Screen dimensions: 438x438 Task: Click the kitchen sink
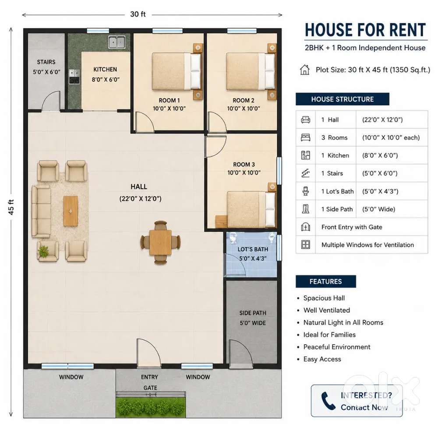[117, 42]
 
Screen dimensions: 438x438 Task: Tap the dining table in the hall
[160, 242]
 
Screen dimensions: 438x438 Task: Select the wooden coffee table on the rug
[71, 211]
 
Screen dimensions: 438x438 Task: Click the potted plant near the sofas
[43, 251]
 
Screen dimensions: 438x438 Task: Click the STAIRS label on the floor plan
[46, 62]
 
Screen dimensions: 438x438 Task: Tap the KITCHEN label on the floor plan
[105, 70]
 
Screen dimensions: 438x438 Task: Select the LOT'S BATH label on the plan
[253, 249]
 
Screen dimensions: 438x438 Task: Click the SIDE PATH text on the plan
[253, 313]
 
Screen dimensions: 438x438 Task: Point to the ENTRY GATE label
[150, 382]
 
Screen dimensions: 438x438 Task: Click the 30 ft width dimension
[138, 14]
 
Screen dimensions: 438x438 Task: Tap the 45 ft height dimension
[11, 207]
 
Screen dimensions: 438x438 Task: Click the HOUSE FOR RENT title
[365, 30]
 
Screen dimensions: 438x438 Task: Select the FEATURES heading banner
[326, 281]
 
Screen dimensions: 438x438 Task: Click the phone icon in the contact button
[328, 401]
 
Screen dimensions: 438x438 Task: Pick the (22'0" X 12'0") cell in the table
[382, 120]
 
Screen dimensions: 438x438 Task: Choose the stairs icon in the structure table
[306, 173]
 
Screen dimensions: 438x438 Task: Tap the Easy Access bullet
[322, 359]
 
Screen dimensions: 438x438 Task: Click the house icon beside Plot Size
[305, 70]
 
